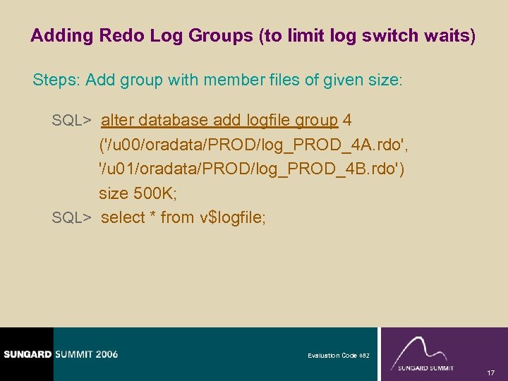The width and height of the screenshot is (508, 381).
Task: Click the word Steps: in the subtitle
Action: coord(56,80)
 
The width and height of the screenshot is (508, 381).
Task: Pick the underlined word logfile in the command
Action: coord(267,120)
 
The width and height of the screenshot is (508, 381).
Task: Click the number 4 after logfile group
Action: coord(347,120)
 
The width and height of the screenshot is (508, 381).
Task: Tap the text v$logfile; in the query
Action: coord(234,217)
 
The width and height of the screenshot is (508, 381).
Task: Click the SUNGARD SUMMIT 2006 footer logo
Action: coord(59,354)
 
